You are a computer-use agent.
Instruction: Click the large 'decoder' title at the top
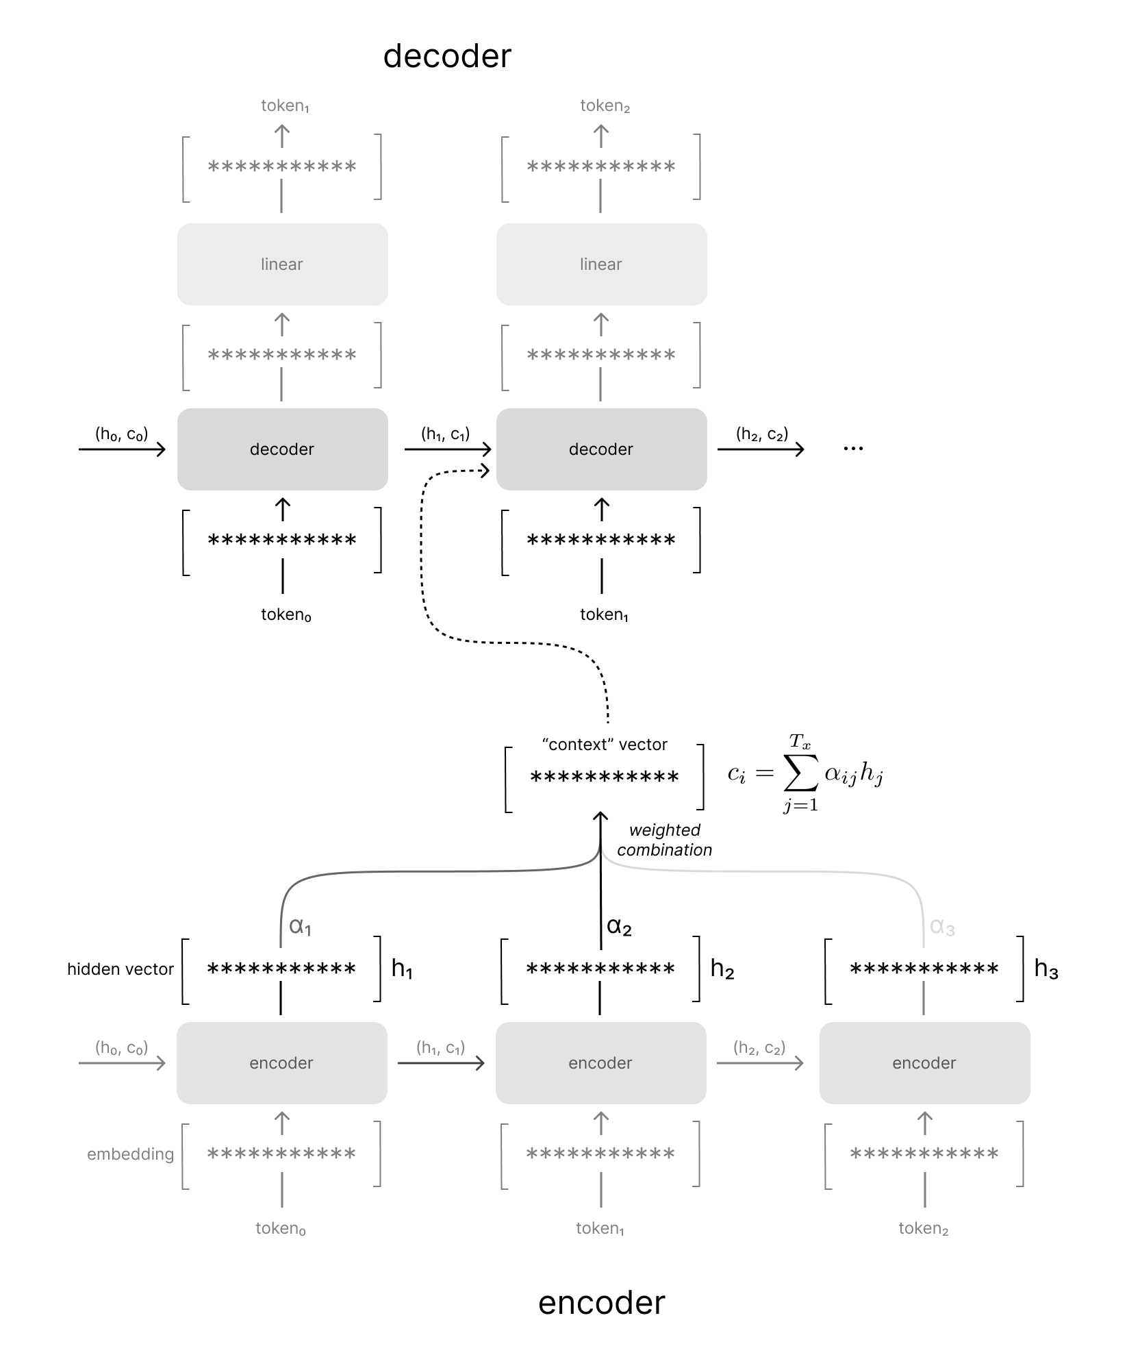coord(446,56)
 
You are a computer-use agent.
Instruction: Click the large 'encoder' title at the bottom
coord(601,1302)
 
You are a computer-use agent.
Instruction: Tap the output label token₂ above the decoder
coord(605,105)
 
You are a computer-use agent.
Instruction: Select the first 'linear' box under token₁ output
coord(282,264)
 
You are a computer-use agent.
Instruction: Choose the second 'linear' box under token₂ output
coord(601,264)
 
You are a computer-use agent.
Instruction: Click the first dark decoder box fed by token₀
coord(282,449)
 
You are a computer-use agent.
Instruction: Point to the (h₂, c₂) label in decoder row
coord(761,434)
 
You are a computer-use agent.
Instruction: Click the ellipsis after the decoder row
coord(853,449)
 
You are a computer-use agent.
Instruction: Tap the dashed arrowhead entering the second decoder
coord(485,470)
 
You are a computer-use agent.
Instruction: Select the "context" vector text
coord(604,745)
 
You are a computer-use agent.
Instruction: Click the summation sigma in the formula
coord(800,774)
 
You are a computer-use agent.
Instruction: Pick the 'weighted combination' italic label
coord(664,840)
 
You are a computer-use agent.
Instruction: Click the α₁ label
coord(300,926)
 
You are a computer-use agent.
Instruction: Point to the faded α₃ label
coord(942,927)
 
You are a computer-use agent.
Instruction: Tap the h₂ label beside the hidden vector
coord(722,969)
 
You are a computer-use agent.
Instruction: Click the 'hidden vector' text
coord(121,969)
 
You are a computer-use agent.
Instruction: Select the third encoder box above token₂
coord(924,1063)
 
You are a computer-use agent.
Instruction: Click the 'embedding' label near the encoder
coord(130,1154)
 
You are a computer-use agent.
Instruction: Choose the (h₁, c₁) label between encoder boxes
coord(440,1047)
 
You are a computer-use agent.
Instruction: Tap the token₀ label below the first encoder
coord(281,1228)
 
